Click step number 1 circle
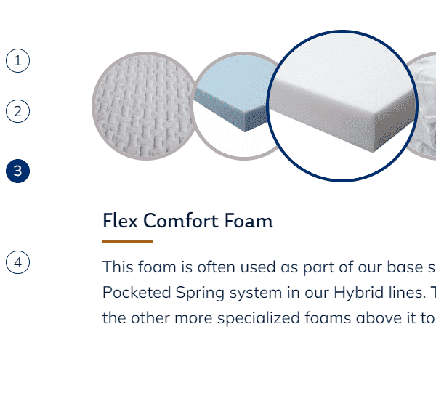[x=17, y=60]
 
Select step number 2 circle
[x=17, y=111]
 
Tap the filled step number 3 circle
[x=17, y=171]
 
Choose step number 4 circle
[x=17, y=262]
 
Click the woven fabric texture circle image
[x=145, y=106]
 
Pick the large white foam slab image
[x=342, y=106]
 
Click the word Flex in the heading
[x=120, y=221]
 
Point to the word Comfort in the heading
[x=181, y=221]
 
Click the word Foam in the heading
[x=249, y=221]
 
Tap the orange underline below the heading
[x=128, y=242]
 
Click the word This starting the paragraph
[x=118, y=267]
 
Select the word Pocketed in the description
[x=137, y=293]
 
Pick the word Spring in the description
[x=200, y=293]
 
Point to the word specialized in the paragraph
[x=259, y=319]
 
